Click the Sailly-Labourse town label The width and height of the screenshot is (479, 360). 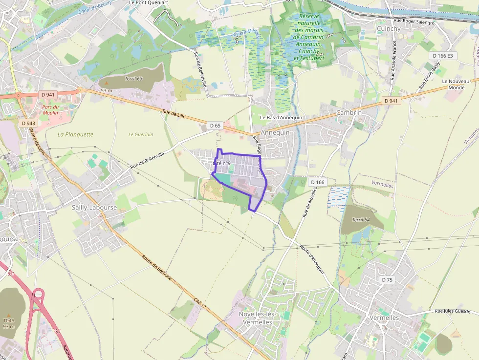pyautogui.click(x=94, y=207)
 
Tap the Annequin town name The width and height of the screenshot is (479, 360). pyautogui.click(x=275, y=132)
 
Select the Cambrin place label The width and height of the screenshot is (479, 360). pyautogui.click(x=349, y=113)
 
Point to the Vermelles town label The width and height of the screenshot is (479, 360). pyautogui.click(x=385, y=318)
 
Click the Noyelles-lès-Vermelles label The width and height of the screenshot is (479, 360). pyautogui.click(x=257, y=318)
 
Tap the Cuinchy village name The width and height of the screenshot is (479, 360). pyautogui.click(x=389, y=29)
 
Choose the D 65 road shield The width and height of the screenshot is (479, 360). pyautogui.click(x=215, y=126)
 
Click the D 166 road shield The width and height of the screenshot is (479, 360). pyautogui.click(x=317, y=182)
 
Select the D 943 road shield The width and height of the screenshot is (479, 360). pyautogui.click(x=28, y=124)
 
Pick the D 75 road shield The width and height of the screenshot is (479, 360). pyautogui.click(x=387, y=280)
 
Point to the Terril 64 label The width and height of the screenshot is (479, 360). pyautogui.click(x=361, y=220)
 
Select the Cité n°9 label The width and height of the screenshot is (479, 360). pyautogui.click(x=222, y=163)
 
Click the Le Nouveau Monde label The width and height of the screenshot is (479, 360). pyautogui.click(x=453, y=84)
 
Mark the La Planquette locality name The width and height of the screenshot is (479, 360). pyautogui.click(x=75, y=134)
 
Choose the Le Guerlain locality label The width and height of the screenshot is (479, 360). pyautogui.click(x=141, y=134)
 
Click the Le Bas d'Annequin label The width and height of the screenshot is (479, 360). pyautogui.click(x=281, y=118)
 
